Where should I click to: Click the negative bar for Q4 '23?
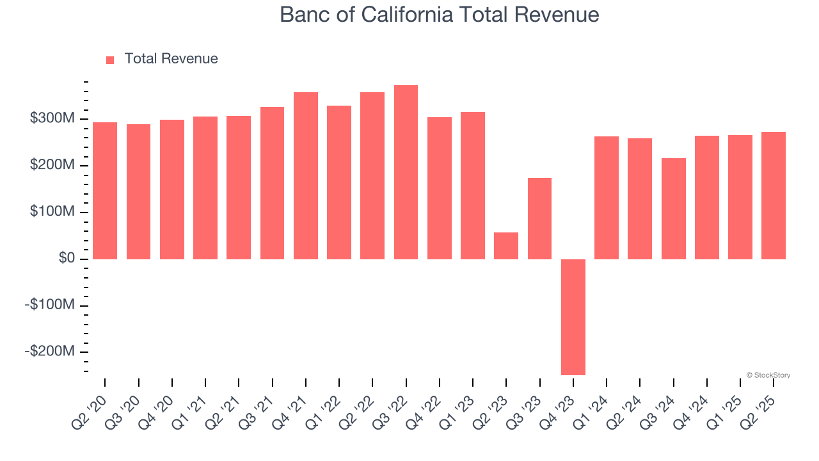(x=573, y=317)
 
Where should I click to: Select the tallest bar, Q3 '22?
(x=406, y=172)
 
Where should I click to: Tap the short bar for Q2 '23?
(x=506, y=246)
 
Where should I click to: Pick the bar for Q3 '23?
(x=539, y=218)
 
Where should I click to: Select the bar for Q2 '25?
(x=774, y=195)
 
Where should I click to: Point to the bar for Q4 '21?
(x=306, y=175)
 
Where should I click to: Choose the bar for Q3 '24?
(x=673, y=209)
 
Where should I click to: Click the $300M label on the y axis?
(x=52, y=119)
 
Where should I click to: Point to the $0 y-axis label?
(x=67, y=259)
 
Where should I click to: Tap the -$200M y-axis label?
(x=49, y=352)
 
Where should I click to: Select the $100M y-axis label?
(x=52, y=212)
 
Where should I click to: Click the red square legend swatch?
(x=110, y=60)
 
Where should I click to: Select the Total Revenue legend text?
(x=171, y=59)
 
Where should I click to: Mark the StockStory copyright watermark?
(x=768, y=375)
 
